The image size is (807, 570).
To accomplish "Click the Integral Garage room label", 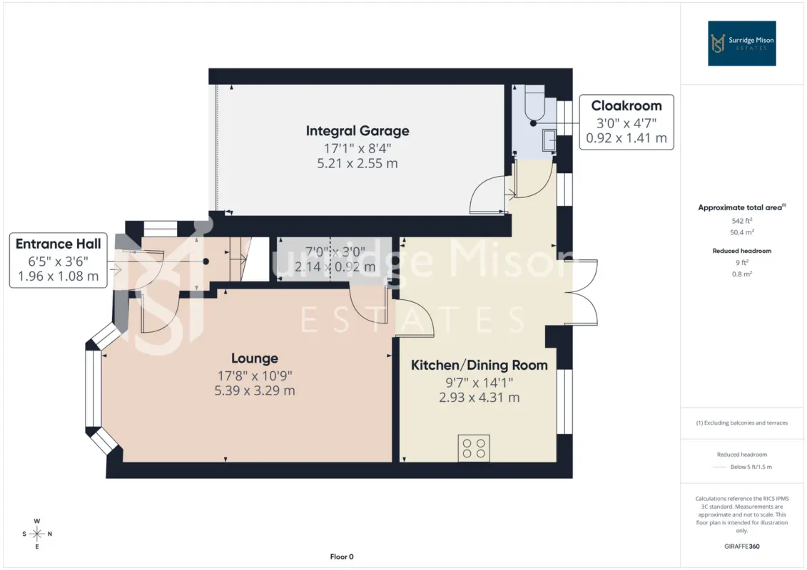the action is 357,131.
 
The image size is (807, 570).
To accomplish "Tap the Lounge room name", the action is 254,358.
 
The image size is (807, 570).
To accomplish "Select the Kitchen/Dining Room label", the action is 479,366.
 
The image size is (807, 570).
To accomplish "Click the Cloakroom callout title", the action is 626,106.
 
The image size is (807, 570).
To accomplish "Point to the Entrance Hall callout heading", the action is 59,244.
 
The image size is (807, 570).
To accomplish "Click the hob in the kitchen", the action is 474,447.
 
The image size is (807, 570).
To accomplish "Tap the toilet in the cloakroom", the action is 534,103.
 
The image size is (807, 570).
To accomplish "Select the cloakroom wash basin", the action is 549,140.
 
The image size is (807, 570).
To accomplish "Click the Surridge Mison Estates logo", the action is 741,43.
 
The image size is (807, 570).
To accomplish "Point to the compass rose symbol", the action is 37,534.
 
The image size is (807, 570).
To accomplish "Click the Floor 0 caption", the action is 342,556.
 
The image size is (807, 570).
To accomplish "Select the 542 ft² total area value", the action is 741,221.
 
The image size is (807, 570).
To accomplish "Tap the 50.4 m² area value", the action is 741,232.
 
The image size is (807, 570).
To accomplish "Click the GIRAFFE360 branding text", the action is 741,546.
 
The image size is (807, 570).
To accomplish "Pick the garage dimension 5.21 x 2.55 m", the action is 357,163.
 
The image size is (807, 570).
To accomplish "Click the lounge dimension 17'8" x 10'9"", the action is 254,375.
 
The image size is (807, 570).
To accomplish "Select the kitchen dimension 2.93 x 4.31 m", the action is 479,398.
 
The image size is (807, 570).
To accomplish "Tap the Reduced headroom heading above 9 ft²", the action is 741,251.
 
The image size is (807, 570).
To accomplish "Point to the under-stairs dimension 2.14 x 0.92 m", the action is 335,267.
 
